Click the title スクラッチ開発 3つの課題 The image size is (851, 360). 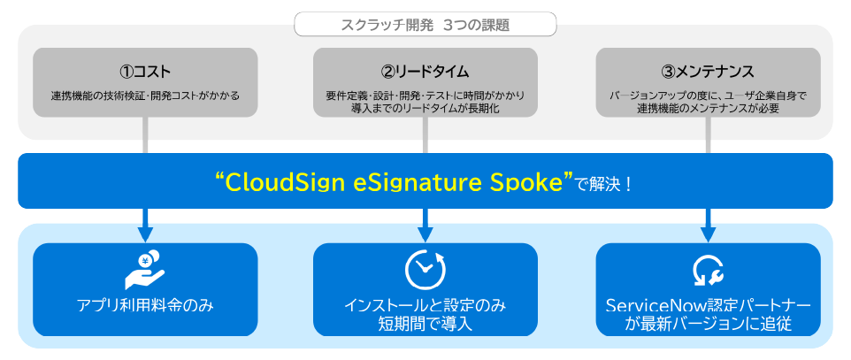(x=425, y=24)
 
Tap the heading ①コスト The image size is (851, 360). (x=145, y=72)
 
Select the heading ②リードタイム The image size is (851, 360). (x=425, y=72)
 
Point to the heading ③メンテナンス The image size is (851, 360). (x=708, y=72)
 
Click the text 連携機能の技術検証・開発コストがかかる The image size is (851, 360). (x=145, y=94)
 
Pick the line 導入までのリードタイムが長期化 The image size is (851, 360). (x=425, y=106)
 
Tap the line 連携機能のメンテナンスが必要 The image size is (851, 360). (x=708, y=106)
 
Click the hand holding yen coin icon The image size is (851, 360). (x=144, y=268)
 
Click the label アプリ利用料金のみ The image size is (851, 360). (x=145, y=306)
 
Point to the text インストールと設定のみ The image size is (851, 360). (x=425, y=306)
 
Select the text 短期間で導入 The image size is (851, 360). (x=425, y=323)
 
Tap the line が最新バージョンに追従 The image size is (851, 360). (x=708, y=324)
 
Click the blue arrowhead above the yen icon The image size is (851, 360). (x=144, y=233)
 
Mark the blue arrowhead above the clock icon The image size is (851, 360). (x=425, y=233)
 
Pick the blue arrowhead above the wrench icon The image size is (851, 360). (x=708, y=233)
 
